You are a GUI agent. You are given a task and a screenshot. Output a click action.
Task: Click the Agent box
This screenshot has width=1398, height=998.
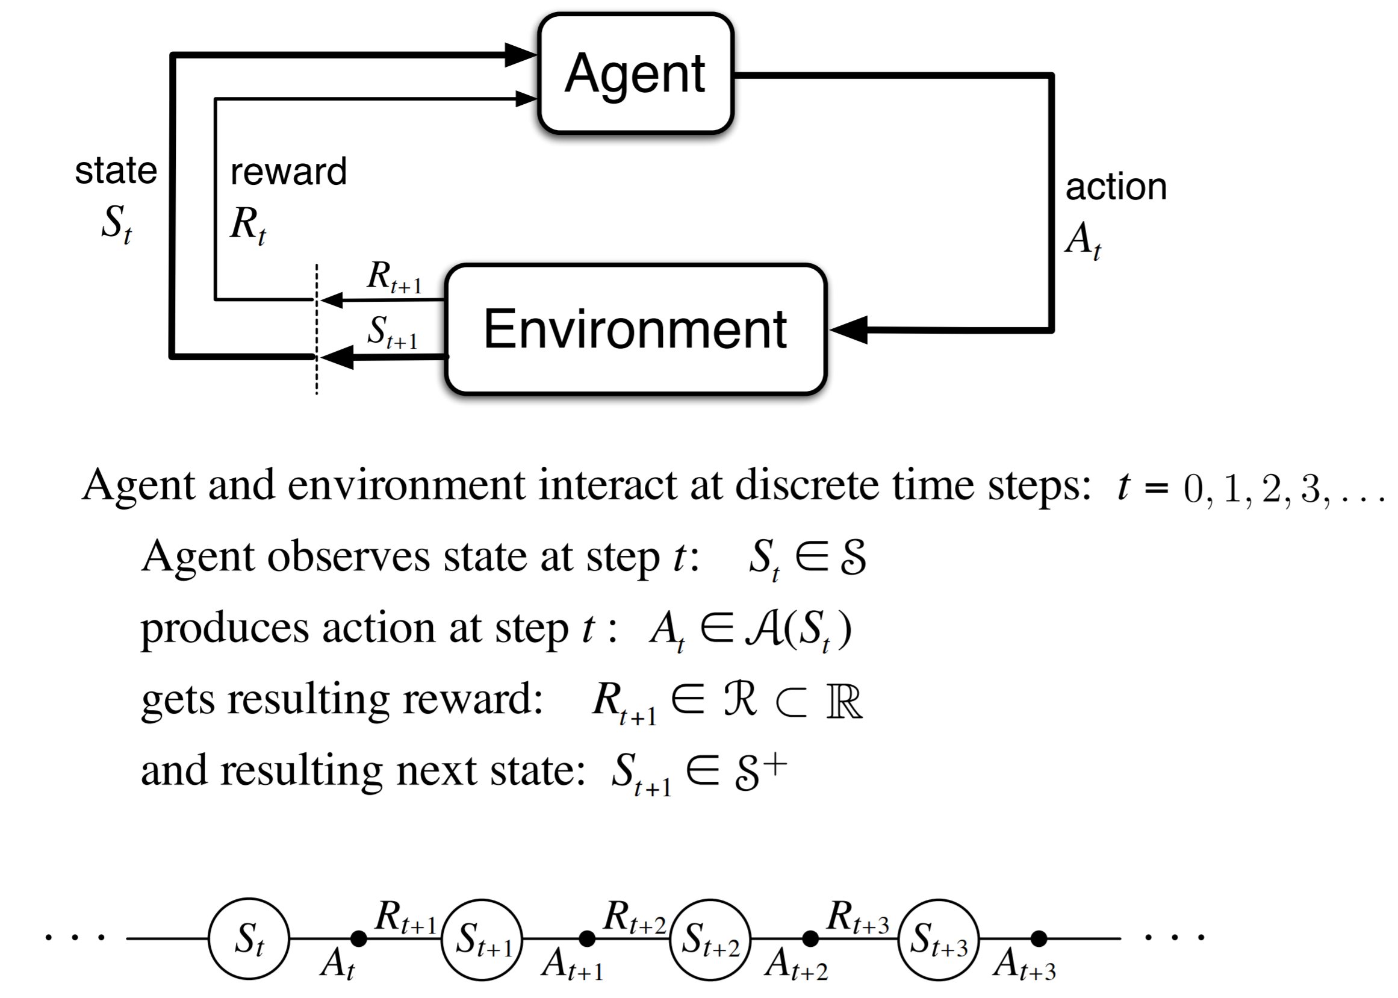pos(636,73)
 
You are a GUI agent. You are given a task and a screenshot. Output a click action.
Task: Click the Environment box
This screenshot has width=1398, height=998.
pos(636,329)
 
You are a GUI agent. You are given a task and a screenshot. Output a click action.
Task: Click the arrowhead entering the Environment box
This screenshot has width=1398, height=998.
pos(850,330)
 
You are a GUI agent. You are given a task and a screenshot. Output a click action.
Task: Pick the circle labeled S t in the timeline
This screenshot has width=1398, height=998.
pos(249,939)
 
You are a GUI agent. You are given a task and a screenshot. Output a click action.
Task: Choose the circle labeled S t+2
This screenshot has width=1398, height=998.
pos(710,939)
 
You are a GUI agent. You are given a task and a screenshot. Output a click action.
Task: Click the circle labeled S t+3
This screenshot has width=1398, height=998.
pos(939,939)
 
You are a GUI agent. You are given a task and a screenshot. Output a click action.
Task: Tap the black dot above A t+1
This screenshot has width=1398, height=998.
pos(587,938)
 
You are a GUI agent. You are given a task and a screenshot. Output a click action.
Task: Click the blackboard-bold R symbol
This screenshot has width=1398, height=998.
pos(845,701)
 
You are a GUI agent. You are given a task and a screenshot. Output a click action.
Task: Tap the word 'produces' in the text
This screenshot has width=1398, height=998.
pos(225,629)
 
